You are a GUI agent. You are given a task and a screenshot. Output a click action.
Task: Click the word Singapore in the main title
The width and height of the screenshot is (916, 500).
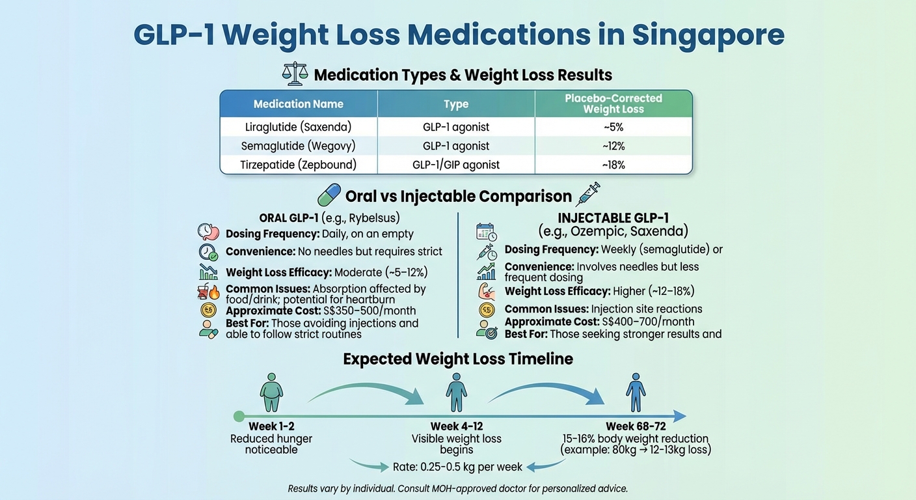pos(708,35)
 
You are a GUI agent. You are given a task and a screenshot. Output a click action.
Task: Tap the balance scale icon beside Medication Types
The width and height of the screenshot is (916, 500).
pos(295,74)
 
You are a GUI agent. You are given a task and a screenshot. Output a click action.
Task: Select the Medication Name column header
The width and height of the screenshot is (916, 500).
pos(298,104)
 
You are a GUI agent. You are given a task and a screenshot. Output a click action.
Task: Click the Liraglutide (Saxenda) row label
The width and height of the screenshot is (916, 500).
pos(298,127)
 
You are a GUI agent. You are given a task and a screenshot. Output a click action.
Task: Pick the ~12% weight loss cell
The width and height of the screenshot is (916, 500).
pos(613,146)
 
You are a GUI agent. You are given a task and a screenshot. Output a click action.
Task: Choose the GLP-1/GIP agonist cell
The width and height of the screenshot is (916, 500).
pos(456,165)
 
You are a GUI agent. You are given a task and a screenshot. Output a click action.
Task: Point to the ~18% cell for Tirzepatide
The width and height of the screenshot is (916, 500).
pos(613,165)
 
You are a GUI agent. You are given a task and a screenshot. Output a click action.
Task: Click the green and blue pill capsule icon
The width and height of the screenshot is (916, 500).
pos(329,195)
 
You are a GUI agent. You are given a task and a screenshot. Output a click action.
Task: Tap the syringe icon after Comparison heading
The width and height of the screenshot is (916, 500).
pos(587,194)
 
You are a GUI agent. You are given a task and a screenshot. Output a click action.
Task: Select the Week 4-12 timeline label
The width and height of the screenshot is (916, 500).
pos(456,426)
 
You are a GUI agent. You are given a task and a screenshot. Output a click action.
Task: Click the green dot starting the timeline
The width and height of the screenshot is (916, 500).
pos(239,416)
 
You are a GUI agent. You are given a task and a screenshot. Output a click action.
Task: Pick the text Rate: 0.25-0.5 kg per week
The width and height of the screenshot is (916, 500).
pos(457,467)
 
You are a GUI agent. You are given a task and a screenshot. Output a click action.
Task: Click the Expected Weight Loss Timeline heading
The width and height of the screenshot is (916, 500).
pos(458,359)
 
